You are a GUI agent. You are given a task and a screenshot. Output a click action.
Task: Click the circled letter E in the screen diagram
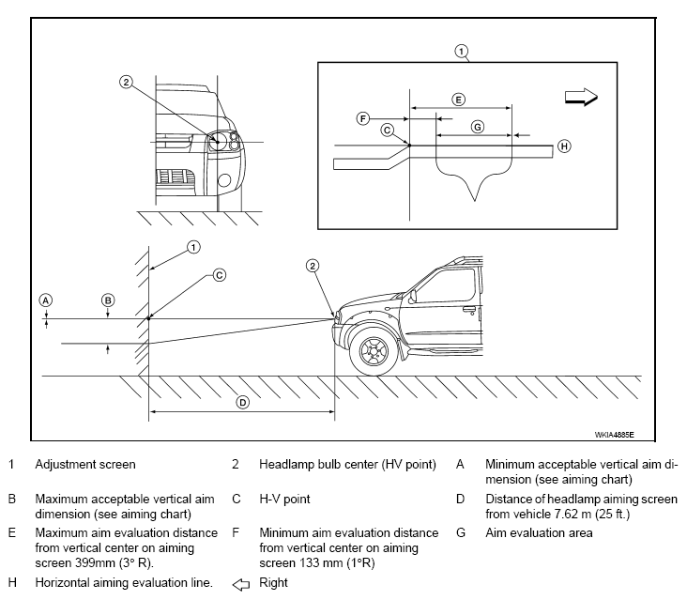[458, 100]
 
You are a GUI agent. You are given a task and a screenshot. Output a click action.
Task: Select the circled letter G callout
[477, 127]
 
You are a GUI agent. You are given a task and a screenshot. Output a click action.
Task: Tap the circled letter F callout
[363, 118]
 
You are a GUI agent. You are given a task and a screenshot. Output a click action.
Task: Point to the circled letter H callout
[564, 146]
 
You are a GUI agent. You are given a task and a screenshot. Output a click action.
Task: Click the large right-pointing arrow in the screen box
[581, 97]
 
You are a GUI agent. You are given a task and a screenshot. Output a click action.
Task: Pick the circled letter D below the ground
[243, 402]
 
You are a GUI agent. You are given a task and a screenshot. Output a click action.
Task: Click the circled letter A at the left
[46, 300]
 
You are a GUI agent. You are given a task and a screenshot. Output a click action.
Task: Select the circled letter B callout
[108, 300]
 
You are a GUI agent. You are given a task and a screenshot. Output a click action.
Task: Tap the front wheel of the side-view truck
[374, 350]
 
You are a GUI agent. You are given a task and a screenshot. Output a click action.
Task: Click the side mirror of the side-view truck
[412, 297]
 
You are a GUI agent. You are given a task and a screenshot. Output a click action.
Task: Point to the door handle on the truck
[469, 309]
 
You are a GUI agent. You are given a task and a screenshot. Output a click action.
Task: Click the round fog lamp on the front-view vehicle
[225, 180]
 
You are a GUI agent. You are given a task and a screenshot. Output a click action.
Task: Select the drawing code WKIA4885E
[614, 435]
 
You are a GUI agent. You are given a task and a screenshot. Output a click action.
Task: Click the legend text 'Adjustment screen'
[85, 464]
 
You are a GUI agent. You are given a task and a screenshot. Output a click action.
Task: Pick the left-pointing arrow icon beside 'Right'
[240, 584]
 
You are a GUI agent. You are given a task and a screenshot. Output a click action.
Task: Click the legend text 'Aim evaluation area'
[539, 533]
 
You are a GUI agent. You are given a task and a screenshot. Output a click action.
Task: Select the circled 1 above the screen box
[461, 52]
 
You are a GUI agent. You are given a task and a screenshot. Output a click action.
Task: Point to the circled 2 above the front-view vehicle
[126, 82]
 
